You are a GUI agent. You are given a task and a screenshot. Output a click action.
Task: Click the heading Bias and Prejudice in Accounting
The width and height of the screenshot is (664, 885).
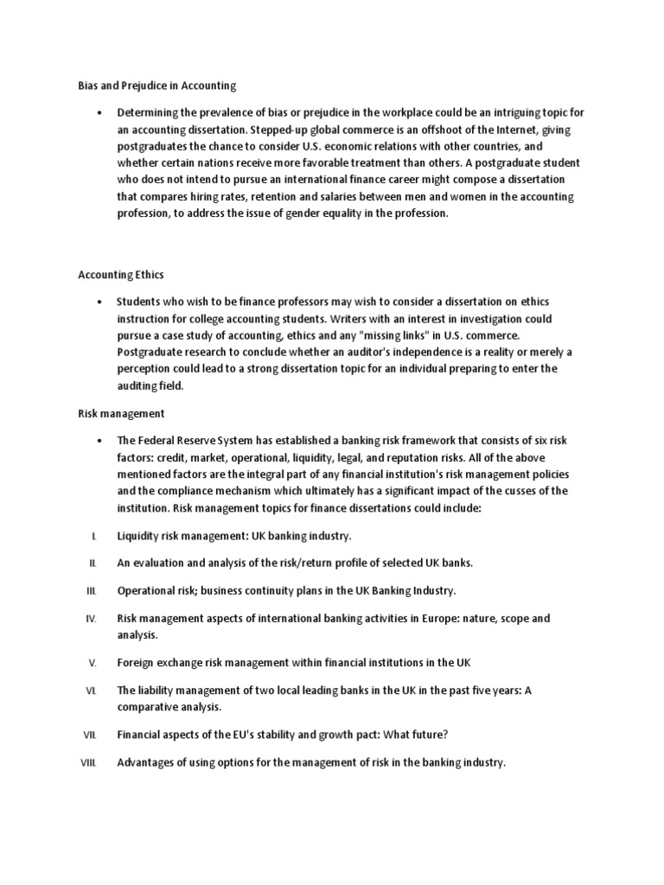151,86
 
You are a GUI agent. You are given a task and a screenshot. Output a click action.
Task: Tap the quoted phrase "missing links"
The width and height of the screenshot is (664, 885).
389,334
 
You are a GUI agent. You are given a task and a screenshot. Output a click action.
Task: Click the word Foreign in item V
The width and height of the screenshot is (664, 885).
137,663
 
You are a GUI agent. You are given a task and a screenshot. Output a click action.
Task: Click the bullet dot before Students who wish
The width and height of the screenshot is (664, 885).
101,302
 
